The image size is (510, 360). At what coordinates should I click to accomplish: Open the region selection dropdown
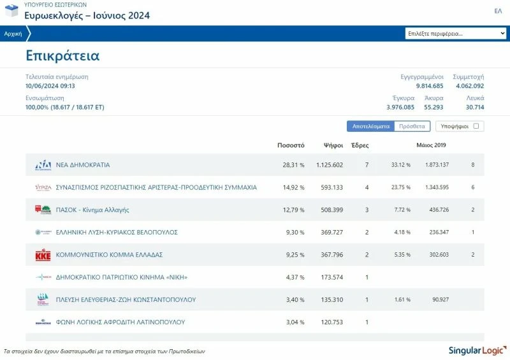pyautogui.click(x=456, y=34)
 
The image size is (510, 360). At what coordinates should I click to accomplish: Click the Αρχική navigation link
pyautogui.click(x=13, y=34)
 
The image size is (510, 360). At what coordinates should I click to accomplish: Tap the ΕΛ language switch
pyautogui.click(x=498, y=11)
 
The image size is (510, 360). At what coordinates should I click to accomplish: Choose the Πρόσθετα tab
pyautogui.click(x=412, y=126)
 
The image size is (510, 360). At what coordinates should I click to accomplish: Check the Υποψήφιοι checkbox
pyautogui.click(x=476, y=126)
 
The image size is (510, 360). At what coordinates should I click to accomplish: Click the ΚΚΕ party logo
pyautogui.click(x=43, y=254)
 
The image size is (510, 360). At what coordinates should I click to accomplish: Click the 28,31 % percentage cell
pyautogui.click(x=293, y=165)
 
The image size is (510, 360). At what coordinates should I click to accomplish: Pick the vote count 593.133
pyautogui.click(x=329, y=187)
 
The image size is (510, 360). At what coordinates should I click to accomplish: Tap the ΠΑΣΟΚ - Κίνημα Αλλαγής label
pyautogui.click(x=92, y=210)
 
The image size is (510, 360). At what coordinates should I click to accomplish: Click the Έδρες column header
pyautogui.click(x=360, y=145)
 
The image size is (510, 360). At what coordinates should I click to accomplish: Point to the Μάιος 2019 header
pyautogui.click(x=431, y=145)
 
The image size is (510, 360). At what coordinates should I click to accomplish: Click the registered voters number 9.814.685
pyautogui.click(x=430, y=86)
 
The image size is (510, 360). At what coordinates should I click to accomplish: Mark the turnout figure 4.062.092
pyautogui.click(x=470, y=86)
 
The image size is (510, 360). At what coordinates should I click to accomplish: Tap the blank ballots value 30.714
pyautogui.click(x=475, y=107)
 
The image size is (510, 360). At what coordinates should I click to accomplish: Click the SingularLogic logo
pyautogui.click(x=478, y=350)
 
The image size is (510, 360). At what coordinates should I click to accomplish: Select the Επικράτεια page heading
pyautogui.click(x=62, y=55)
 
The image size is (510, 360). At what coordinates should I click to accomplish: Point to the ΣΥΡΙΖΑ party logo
pyautogui.click(x=43, y=187)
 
